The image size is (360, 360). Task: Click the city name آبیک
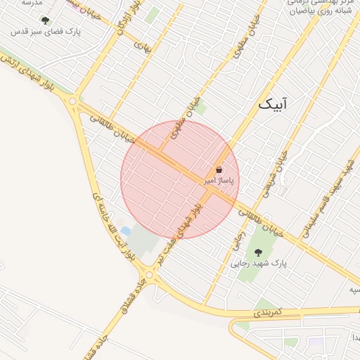[274, 105]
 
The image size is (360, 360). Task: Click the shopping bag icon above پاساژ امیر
[219, 170]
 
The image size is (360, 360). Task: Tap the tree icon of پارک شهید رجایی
[257, 252]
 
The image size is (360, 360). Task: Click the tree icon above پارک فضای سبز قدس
[46, 21]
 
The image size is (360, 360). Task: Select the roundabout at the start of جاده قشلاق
[148, 274]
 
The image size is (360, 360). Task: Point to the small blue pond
[125, 231]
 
